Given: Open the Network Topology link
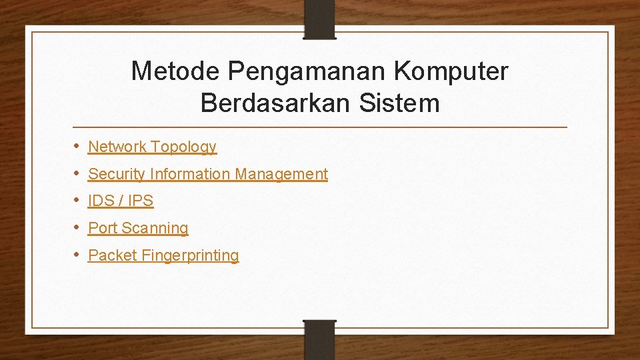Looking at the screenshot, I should click(152, 147).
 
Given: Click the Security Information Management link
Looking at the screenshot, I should click(208, 174).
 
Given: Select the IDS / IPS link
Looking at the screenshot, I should click(121, 201).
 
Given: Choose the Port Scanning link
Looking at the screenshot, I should click(138, 228).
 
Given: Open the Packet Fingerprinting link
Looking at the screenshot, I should click(163, 255).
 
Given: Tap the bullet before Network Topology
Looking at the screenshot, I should click(77, 146).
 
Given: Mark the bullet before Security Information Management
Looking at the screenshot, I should click(77, 173).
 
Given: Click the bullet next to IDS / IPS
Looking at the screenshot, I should click(77, 200).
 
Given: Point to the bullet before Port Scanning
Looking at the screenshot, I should click(77, 227).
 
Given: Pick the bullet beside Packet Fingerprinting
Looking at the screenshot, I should click(77, 255).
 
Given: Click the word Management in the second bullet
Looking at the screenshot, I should click(281, 174).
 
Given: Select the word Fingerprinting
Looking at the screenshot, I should click(190, 255).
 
